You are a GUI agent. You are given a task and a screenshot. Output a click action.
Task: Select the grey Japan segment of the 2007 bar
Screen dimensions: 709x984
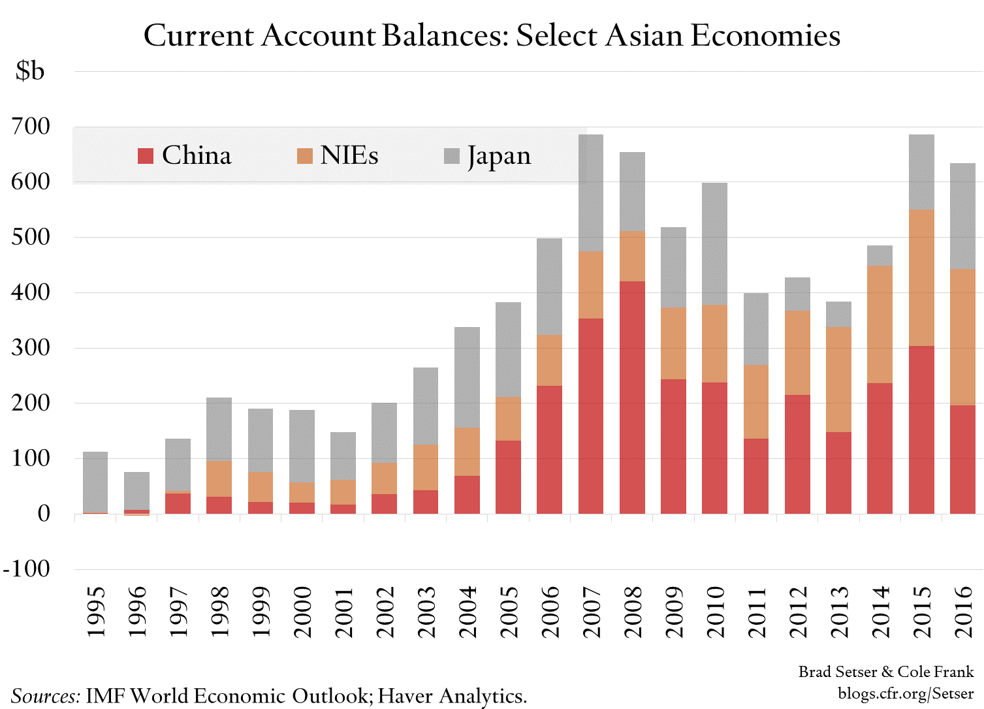pyautogui.click(x=591, y=193)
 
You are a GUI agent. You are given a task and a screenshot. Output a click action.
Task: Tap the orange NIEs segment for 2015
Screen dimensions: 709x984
pyautogui.click(x=921, y=277)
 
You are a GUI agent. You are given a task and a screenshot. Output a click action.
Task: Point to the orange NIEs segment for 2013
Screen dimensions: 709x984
pyautogui.click(x=838, y=379)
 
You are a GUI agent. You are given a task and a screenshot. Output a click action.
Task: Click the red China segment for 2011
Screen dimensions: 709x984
pyautogui.click(x=756, y=476)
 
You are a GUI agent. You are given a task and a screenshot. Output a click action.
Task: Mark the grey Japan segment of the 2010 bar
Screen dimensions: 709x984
pyautogui.click(x=714, y=244)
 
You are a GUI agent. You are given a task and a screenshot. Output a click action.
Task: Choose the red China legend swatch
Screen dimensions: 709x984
pyautogui.click(x=146, y=156)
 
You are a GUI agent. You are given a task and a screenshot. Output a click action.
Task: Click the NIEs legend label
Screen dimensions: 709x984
pyautogui.click(x=349, y=156)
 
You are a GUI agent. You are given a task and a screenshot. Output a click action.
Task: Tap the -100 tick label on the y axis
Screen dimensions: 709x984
pyautogui.click(x=27, y=569)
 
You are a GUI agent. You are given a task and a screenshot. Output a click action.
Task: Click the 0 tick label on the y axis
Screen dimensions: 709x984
pyautogui.click(x=44, y=514)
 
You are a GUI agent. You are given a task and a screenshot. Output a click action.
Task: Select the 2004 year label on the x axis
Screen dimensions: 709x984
pyautogui.click(x=468, y=612)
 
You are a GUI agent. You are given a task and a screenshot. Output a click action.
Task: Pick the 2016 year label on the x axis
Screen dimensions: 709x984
pyautogui.click(x=964, y=612)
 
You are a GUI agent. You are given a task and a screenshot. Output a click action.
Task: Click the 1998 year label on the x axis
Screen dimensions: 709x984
pyautogui.click(x=220, y=612)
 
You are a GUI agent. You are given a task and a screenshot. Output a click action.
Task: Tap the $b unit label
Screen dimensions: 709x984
pyautogui.click(x=30, y=71)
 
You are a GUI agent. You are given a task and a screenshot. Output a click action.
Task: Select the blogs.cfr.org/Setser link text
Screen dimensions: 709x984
pyautogui.click(x=906, y=693)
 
